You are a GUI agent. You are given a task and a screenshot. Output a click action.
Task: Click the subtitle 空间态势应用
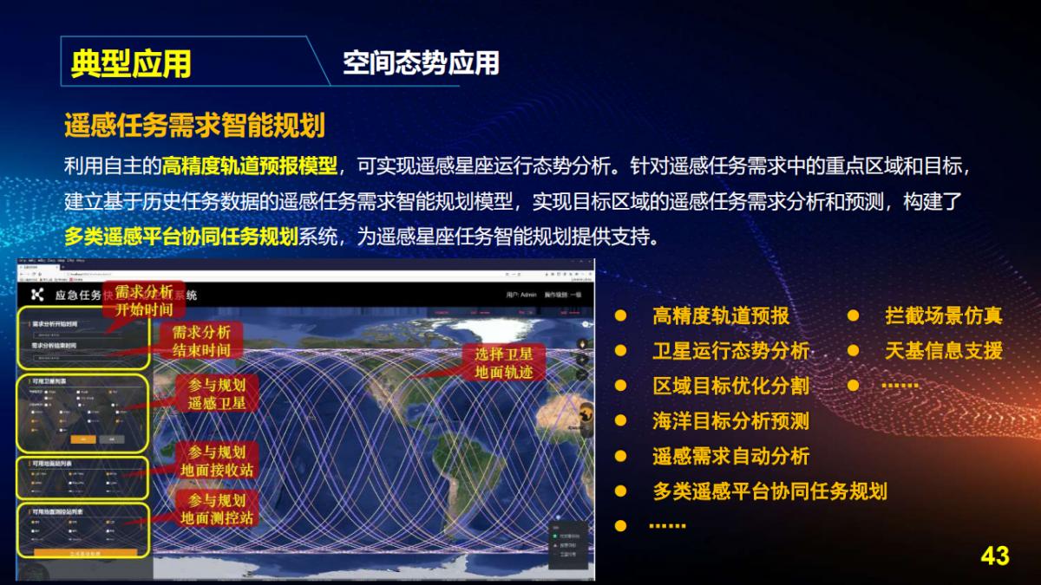421,62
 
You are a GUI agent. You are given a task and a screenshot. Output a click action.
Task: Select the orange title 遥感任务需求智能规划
194,126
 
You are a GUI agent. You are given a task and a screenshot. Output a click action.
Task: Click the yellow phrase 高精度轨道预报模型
251,164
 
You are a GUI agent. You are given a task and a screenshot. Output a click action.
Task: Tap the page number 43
994,556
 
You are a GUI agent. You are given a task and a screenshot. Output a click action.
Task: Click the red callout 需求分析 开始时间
144,300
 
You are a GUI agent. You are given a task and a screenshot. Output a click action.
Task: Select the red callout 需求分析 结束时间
200,341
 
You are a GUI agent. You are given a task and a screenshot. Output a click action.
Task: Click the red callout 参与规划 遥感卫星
217,393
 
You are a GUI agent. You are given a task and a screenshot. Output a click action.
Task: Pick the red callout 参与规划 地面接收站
217,461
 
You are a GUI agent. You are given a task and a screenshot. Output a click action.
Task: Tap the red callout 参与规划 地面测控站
217,510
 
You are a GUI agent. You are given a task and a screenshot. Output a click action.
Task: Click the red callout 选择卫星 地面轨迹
504,363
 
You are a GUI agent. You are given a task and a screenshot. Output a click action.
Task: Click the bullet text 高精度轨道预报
721,315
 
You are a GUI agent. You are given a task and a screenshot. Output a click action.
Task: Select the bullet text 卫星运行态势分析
730,351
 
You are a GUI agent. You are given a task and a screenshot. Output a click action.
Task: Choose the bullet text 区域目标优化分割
730,386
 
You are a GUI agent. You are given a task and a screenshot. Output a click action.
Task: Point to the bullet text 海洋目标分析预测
730,421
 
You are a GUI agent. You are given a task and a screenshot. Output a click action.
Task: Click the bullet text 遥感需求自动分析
730,456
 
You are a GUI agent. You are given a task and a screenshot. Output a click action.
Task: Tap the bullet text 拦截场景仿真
943,315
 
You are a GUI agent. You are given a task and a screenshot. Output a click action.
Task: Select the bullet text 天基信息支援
943,351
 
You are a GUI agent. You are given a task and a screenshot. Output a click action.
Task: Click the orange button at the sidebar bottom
85,552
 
